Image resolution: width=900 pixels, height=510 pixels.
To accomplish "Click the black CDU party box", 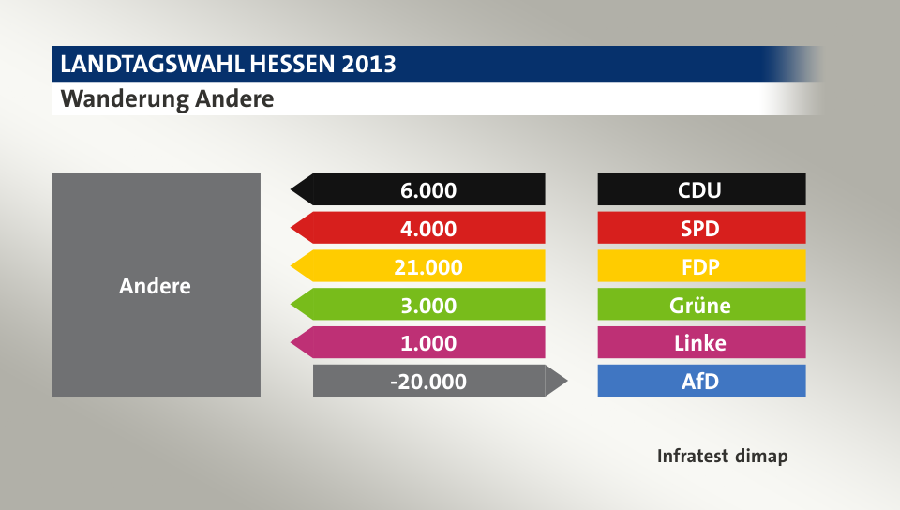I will pos(701,189).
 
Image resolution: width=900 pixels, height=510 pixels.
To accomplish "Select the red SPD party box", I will pos(701,228).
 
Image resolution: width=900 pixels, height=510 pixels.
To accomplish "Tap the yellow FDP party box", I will pos(701,266).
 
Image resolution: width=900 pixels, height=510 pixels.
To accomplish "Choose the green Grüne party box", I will pos(701,305).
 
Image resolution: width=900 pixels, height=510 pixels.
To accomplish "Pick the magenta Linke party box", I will pos(701,342).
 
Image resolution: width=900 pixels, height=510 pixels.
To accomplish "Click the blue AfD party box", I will pos(701,381).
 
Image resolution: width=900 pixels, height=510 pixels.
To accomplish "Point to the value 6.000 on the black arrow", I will pos(428,190).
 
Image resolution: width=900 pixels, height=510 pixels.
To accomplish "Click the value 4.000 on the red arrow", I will pos(428,229).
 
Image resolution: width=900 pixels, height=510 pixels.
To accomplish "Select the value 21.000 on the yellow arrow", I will pos(428,267).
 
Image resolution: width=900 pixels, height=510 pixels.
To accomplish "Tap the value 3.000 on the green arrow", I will pos(428,306).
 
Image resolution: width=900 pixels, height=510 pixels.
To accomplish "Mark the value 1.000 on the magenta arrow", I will pos(428,343).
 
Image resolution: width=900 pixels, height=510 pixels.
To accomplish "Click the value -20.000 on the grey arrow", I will pos(428,382).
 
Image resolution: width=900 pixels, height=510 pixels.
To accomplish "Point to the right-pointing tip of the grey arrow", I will pos(565,381).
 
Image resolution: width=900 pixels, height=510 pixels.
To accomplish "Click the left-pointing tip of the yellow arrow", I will pos(294,266).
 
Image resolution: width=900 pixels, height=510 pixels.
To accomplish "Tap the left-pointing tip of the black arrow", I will pos(294,189).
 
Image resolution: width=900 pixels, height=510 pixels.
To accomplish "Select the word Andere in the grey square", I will pos(155,286).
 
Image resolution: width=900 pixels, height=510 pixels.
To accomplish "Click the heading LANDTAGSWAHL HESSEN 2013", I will pos(228,65).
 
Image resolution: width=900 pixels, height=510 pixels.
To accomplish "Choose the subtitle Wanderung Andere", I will pos(168,98).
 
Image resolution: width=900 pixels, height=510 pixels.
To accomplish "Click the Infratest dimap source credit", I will pos(722,457).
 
